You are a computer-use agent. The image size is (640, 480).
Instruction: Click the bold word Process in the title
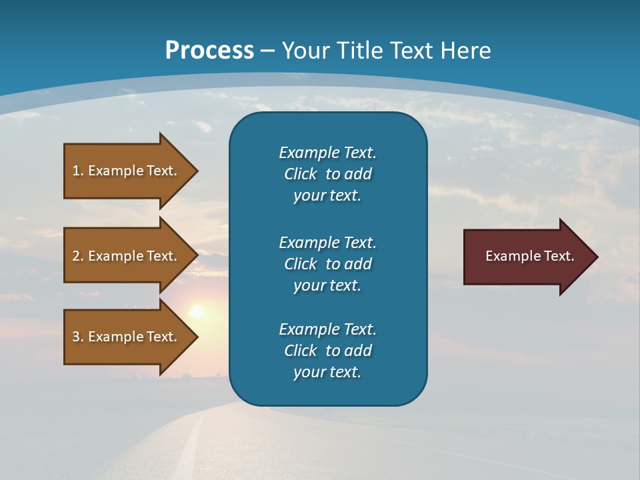pos(209,51)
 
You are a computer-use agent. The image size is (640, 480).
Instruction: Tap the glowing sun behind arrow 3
pos(196,311)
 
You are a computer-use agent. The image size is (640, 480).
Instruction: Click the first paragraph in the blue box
pos(327,174)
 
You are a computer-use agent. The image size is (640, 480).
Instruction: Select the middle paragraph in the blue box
pos(327,263)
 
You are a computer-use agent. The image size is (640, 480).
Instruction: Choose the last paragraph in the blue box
pos(327,351)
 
